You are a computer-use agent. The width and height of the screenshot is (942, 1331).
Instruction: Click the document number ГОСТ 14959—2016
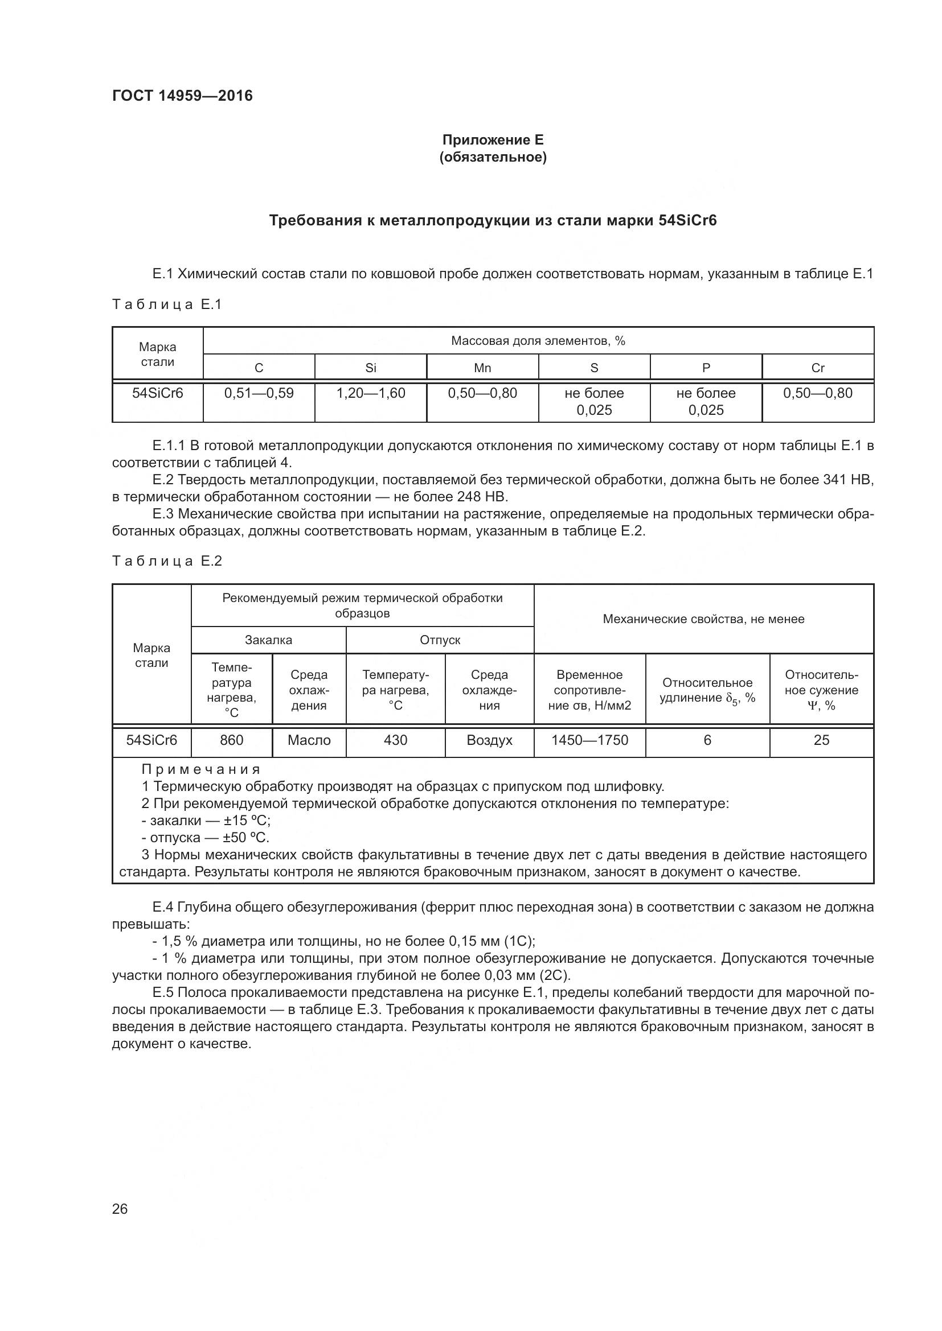point(182,96)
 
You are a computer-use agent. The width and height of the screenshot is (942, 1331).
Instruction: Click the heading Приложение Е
point(493,140)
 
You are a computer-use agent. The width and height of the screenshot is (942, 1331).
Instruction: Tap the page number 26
point(120,1209)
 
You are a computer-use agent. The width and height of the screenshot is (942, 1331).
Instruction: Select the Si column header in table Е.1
point(371,368)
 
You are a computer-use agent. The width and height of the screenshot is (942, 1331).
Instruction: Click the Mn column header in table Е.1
point(482,368)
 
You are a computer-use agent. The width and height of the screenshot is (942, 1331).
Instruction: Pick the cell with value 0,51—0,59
point(259,393)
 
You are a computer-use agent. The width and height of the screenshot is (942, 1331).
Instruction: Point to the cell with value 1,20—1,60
point(371,393)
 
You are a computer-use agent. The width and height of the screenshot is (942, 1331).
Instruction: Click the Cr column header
point(817,368)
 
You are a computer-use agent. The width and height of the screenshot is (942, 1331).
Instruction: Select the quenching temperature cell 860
point(231,740)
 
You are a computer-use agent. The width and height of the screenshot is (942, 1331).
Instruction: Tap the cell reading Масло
point(309,740)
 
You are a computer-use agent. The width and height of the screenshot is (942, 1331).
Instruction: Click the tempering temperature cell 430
point(396,740)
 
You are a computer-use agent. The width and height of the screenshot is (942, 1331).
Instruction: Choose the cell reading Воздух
point(490,740)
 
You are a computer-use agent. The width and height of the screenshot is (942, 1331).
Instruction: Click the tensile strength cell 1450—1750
point(589,740)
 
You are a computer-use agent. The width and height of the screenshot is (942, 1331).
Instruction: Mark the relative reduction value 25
point(821,740)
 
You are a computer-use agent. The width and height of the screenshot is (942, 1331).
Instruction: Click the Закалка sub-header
point(269,640)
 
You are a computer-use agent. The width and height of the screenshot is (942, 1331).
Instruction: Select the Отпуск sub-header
point(440,640)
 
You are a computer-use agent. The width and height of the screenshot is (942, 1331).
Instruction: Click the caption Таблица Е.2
point(167,561)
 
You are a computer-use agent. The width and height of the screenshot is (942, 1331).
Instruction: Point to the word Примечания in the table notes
point(201,769)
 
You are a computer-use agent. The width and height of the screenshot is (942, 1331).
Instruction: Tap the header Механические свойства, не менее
point(703,619)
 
